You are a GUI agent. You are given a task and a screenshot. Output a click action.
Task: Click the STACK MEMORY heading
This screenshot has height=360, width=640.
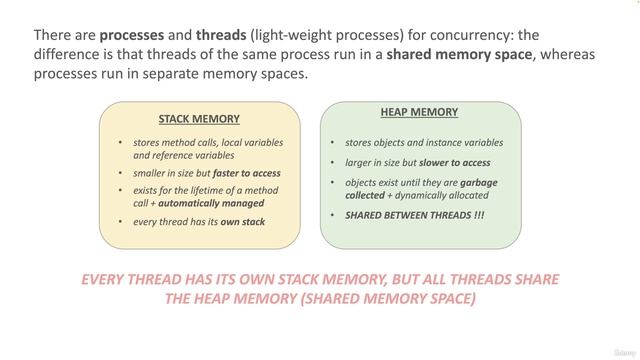(x=199, y=118)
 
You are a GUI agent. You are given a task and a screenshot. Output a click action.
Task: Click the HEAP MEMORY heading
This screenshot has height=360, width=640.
(x=419, y=112)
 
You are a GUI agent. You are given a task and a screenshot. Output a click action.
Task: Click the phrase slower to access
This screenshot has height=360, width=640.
(x=456, y=163)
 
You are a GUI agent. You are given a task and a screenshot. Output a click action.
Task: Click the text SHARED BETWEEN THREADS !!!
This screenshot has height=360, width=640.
(x=414, y=214)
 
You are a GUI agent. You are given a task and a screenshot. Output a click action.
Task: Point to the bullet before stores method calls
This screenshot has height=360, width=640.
(x=120, y=142)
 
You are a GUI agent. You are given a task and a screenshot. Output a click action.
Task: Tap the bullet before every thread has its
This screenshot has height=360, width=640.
(x=120, y=221)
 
